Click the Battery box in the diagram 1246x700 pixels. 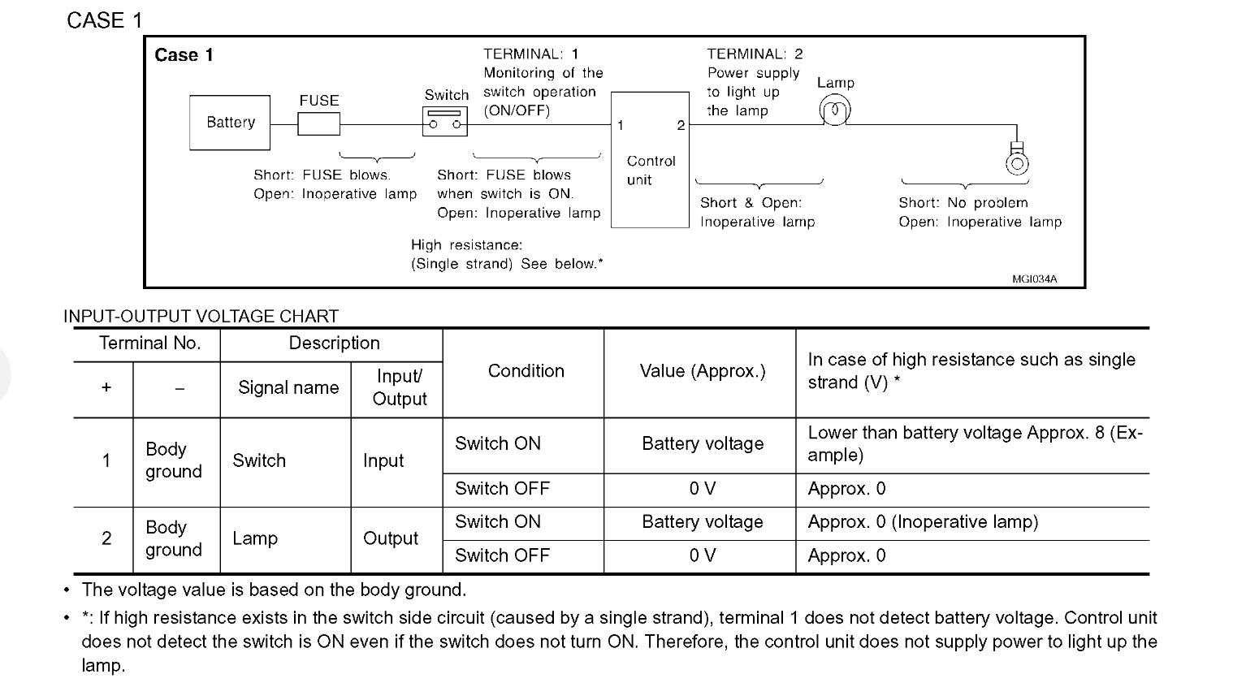tap(230, 123)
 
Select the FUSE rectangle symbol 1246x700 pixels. tap(318, 124)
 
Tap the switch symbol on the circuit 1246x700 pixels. tap(445, 123)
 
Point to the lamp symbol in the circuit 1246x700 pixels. tap(835, 110)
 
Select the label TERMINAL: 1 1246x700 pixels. tap(531, 54)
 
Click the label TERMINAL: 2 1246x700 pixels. tap(755, 54)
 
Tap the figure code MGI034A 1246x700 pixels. tap(1034, 279)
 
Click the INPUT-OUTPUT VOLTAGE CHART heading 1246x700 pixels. tap(201, 316)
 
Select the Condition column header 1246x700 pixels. tap(526, 371)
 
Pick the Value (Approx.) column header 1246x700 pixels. tap(702, 371)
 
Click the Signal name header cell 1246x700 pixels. tap(288, 388)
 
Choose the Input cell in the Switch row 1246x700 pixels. tap(383, 460)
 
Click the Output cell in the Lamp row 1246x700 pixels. tap(391, 538)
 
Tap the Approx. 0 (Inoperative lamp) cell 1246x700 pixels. tap(923, 522)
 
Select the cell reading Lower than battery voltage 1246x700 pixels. tap(975, 443)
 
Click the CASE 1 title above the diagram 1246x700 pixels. tap(104, 20)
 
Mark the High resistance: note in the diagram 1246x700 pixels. tap(466, 244)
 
